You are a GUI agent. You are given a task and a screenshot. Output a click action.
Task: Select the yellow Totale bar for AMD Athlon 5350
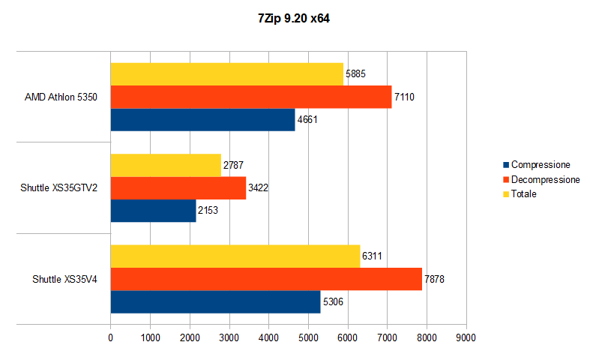(x=226, y=74)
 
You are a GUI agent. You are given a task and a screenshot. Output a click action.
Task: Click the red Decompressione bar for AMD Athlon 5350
(x=250, y=97)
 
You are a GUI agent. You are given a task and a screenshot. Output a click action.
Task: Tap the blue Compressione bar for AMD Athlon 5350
(x=202, y=119)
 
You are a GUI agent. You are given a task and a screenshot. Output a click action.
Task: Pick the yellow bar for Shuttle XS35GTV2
(x=166, y=165)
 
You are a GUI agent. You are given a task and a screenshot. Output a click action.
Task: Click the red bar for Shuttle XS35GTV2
(x=178, y=187)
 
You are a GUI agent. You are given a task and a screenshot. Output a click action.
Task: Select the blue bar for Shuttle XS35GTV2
(x=153, y=210)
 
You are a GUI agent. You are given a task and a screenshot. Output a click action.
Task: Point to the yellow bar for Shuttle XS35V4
(x=235, y=256)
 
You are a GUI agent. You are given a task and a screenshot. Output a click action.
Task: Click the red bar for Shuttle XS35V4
(x=266, y=278)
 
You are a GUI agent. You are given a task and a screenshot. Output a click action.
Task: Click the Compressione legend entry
(x=540, y=165)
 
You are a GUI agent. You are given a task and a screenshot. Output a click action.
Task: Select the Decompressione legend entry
(x=545, y=180)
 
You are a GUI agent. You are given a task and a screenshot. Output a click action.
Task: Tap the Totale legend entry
(x=524, y=194)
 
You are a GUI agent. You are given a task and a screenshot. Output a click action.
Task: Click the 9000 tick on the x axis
(x=466, y=338)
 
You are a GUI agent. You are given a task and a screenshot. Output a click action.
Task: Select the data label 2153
(x=208, y=211)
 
